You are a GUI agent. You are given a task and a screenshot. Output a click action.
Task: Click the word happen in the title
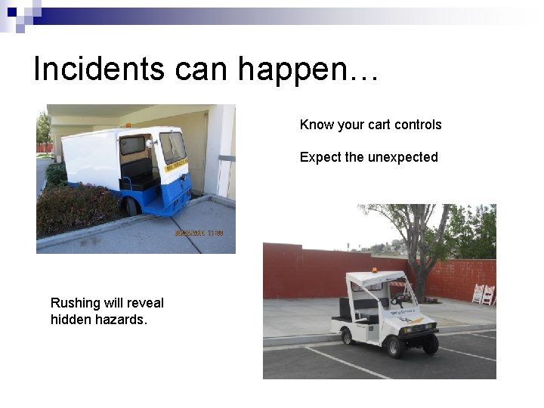tap(291, 70)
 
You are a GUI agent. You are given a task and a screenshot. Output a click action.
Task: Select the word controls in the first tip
tap(416, 125)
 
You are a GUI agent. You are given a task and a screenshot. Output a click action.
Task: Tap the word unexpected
tap(403, 157)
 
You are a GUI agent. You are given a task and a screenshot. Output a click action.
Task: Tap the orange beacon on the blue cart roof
tap(128, 125)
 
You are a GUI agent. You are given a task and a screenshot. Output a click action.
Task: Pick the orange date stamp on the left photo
tap(199, 233)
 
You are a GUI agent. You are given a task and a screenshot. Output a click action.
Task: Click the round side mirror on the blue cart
tap(150, 144)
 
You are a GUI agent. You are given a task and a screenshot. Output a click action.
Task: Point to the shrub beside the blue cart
tap(76, 208)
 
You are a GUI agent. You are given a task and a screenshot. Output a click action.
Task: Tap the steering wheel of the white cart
tap(397, 298)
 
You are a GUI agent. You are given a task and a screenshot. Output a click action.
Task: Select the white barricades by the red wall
tap(483, 295)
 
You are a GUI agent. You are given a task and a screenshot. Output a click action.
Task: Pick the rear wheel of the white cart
tap(347, 336)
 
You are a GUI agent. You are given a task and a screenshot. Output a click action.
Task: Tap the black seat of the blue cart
tap(137, 174)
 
